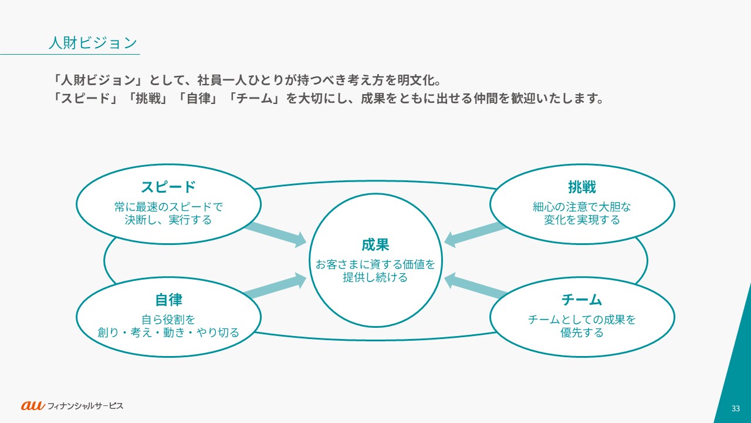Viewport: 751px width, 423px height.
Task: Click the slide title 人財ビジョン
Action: point(93,43)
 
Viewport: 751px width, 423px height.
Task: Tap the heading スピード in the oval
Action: point(168,187)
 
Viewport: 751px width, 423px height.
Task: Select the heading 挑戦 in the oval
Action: point(581,187)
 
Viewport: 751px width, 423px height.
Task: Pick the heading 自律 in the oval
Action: point(168,300)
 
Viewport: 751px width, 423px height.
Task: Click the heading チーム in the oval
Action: point(581,300)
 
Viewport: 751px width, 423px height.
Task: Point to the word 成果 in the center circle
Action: point(375,244)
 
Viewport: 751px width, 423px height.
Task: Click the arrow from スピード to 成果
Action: point(276,233)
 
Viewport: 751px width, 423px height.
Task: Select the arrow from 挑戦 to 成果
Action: point(475,233)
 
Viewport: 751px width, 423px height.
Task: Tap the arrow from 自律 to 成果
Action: point(276,287)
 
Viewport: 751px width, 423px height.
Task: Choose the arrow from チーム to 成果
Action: point(475,287)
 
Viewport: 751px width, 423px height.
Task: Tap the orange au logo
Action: point(33,405)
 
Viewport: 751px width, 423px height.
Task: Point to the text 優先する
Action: point(581,333)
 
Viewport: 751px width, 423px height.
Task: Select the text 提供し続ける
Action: point(375,278)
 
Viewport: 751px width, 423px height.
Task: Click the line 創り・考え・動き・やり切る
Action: point(168,333)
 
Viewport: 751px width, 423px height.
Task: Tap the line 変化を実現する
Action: point(581,220)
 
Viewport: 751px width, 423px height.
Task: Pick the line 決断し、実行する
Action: point(168,220)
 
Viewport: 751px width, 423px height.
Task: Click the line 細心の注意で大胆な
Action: point(581,207)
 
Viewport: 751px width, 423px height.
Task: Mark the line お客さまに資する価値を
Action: point(375,264)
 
